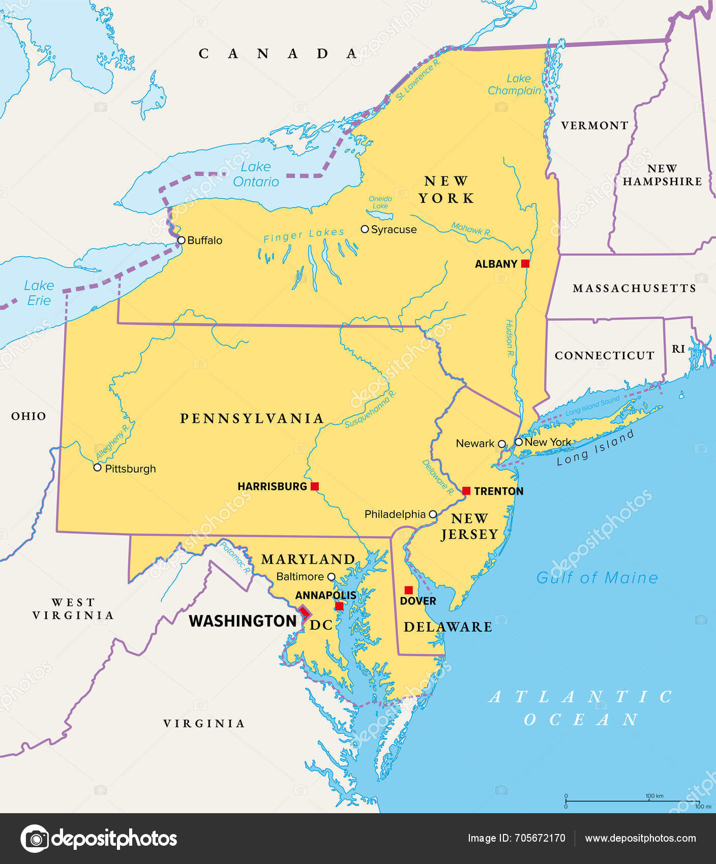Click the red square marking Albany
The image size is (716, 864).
[x=525, y=263]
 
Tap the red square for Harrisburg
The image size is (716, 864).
[x=315, y=486]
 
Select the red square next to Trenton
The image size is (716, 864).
[x=466, y=490]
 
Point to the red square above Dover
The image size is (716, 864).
[x=408, y=590]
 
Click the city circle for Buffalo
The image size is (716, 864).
[x=181, y=240]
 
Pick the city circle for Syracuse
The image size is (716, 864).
[x=365, y=229]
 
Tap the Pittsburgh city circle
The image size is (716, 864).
[x=98, y=468]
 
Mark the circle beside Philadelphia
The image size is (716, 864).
[x=433, y=514]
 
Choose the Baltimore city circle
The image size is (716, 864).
[x=331, y=577]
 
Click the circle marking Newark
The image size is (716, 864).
[x=501, y=444]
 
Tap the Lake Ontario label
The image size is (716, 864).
[x=256, y=174]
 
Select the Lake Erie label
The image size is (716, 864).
[x=39, y=293]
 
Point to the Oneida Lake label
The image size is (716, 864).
[x=380, y=202]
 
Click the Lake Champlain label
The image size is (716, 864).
[x=515, y=84]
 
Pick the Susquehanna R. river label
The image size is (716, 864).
[x=370, y=409]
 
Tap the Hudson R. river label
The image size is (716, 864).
[x=509, y=338]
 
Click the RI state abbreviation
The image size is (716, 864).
[x=678, y=349]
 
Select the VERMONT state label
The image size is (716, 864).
[x=594, y=126]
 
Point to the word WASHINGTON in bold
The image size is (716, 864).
[x=243, y=621]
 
